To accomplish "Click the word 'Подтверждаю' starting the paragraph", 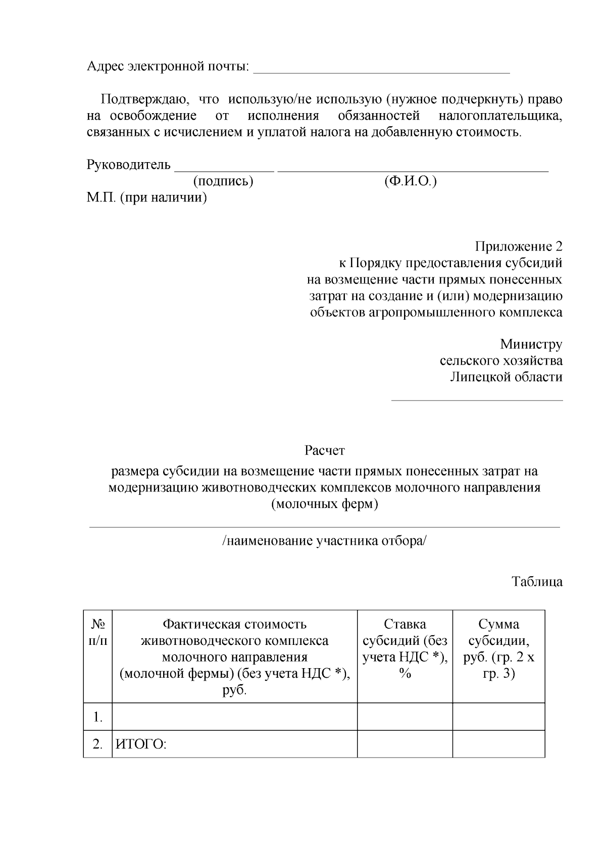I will (139, 100).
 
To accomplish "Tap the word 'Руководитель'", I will (129, 165).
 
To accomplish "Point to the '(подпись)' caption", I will (223, 181).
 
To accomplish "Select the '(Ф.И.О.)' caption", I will (410, 181).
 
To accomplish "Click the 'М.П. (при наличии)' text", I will (147, 197).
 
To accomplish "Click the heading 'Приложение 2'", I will (518, 246).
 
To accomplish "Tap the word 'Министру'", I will (531, 344).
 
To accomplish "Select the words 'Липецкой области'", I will (506, 377).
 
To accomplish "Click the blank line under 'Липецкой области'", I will (477, 399).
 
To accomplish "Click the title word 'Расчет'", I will (325, 450).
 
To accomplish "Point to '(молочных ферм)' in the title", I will (325, 504).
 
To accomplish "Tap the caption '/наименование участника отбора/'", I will (325, 541).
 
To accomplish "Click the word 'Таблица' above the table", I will (537, 582).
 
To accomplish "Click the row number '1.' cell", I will (98, 717).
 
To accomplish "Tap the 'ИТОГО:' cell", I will (141, 744).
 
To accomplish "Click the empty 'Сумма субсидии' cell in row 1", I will (498, 717).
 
